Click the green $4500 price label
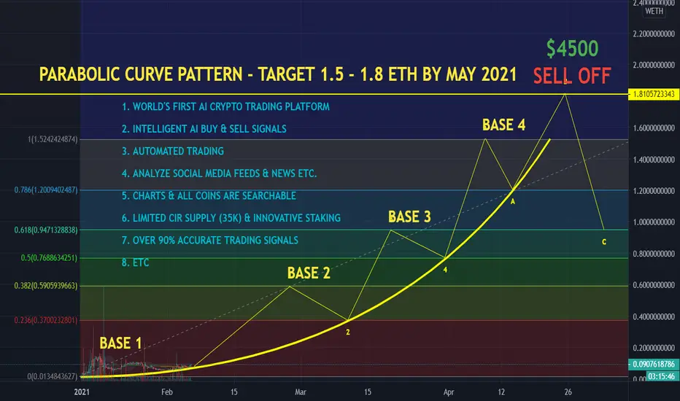573,48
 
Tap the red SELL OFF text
572,76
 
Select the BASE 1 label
120,343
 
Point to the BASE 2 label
309,273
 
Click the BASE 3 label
409,217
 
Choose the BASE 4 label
504,125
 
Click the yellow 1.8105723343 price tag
654,94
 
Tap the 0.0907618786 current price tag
654,364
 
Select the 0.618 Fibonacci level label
46,230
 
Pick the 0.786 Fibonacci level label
46,190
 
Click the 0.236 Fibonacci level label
46,320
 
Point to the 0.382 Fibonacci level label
46,286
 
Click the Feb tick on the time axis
167,392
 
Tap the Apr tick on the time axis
449,392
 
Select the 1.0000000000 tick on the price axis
654,222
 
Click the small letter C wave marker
604,242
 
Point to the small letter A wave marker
513,201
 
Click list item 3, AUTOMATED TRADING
173,151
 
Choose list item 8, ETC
135,262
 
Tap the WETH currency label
654,11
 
